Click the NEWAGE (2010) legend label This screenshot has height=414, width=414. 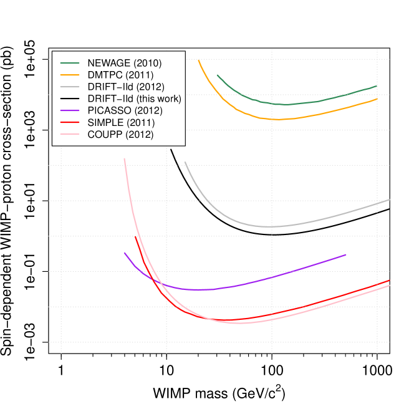click(x=125, y=63)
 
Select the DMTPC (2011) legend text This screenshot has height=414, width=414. click(x=121, y=75)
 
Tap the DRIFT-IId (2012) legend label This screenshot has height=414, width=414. click(x=126, y=87)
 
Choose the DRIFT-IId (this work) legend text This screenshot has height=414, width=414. click(x=134, y=99)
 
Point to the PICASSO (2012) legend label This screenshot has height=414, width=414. click(x=125, y=110)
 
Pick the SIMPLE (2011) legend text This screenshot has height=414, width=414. click(x=121, y=122)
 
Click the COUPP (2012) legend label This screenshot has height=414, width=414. click(x=120, y=134)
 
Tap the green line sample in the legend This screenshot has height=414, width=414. click(x=70, y=63)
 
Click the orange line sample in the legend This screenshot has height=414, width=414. click(x=70, y=75)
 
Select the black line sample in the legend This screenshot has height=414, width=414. click(x=70, y=99)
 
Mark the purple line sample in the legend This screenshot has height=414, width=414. click(x=70, y=110)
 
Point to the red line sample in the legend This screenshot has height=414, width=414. click(x=70, y=122)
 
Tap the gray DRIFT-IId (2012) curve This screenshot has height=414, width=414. click(x=268, y=226)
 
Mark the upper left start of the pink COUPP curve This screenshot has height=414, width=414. click(x=125, y=158)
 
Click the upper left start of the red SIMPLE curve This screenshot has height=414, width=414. click(x=135, y=237)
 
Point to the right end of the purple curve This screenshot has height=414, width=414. click(x=345, y=254)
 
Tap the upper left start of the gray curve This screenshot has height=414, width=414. click(x=185, y=162)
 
